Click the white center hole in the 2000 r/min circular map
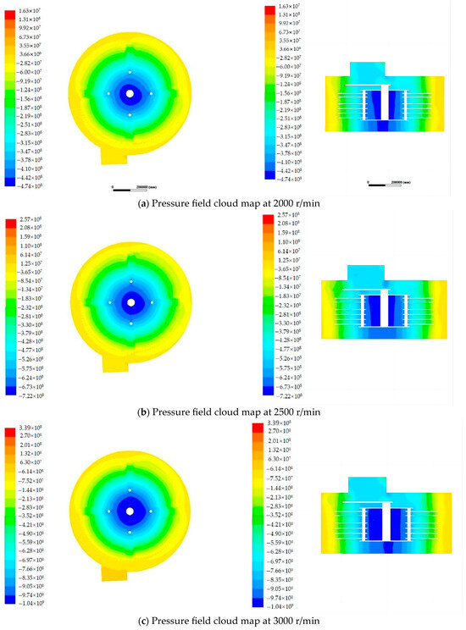130,93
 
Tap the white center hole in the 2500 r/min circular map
131,302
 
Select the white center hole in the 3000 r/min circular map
130,511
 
